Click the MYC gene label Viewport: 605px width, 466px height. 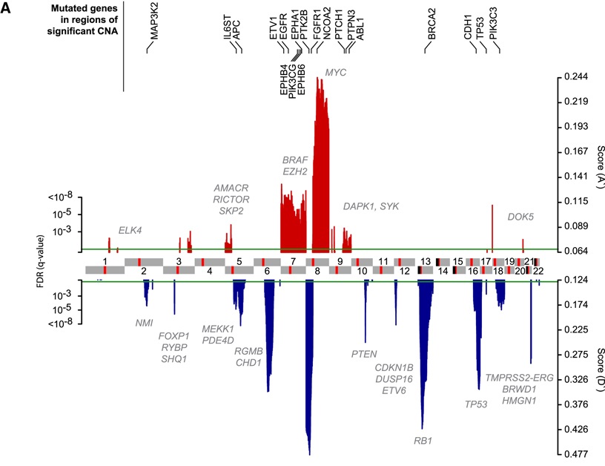click(337, 72)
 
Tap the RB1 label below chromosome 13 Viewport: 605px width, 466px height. click(423, 441)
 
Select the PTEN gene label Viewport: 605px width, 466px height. click(364, 353)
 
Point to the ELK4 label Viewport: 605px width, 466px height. click(130, 230)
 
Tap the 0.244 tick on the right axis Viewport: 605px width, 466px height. click(575, 77)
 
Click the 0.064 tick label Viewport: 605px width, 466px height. click(575, 251)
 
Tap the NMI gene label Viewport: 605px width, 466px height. click(144, 323)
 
